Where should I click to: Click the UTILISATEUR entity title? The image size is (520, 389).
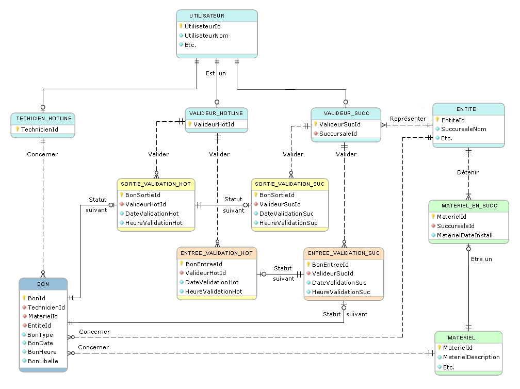click(x=217, y=16)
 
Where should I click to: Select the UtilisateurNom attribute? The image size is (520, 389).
click(x=206, y=36)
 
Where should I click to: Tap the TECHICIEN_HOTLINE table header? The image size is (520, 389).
click(x=43, y=119)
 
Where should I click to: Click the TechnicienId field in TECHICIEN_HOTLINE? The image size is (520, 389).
click(x=39, y=129)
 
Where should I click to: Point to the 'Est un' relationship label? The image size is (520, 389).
click(x=216, y=73)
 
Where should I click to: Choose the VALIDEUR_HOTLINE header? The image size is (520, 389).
click(x=217, y=113)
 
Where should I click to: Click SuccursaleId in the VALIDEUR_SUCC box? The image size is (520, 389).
click(x=338, y=134)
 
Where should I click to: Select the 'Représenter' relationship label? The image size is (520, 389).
click(x=408, y=119)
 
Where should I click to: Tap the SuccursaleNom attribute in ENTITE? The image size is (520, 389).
click(x=464, y=129)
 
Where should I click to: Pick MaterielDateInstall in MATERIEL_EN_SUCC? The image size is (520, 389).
click(x=464, y=235)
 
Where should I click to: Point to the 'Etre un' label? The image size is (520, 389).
click(x=481, y=259)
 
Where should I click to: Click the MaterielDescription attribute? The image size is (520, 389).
click(x=471, y=357)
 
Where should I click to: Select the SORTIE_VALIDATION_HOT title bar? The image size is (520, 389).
click(x=156, y=184)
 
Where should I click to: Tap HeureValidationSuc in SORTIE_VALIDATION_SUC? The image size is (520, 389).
click(x=288, y=223)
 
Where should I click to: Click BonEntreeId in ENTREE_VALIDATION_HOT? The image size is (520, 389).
click(x=204, y=264)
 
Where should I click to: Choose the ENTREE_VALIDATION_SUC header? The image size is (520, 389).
click(x=344, y=253)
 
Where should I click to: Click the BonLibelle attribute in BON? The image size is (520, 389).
click(x=43, y=361)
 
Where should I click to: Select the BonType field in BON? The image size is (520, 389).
click(x=40, y=335)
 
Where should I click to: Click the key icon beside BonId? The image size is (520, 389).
click(x=24, y=298)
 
